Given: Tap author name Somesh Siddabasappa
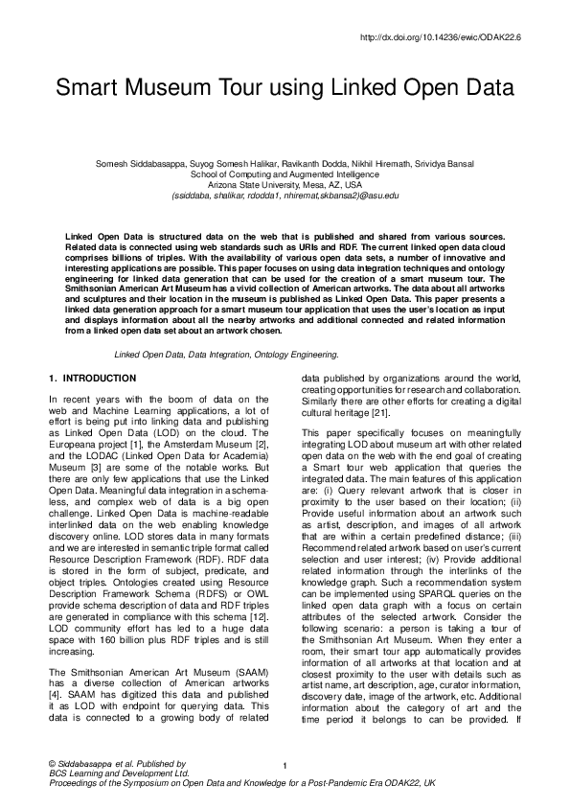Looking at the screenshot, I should (138, 164).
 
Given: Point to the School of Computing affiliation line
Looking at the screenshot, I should (285, 174).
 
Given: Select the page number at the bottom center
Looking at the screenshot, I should (285, 765).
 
